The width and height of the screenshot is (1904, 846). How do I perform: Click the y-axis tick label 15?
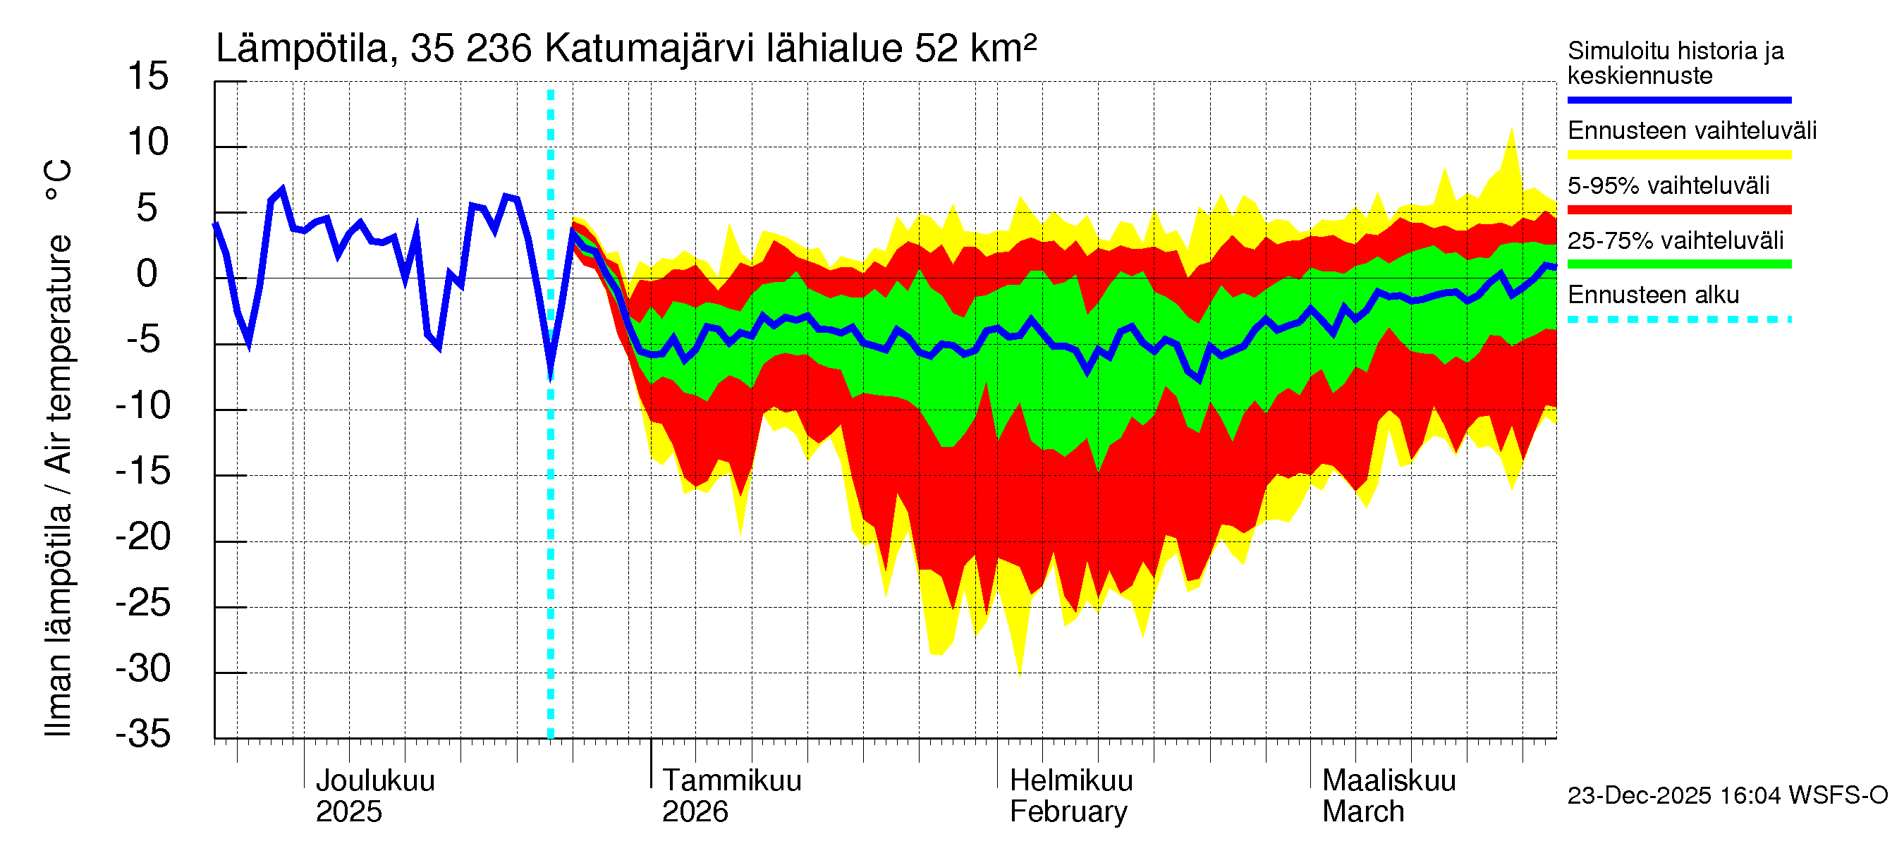pyautogui.click(x=148, y=77)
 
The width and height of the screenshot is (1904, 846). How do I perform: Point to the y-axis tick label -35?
pyautogui.click(x=143, y=735)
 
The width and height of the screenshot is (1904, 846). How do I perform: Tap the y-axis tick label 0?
pyautogui.click(x=147, y=274)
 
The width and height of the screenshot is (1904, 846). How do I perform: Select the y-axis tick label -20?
pyautogui.click(x=143, y=537)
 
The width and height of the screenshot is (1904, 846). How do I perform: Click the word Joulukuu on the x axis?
pyautogui.click(x=374, y=781)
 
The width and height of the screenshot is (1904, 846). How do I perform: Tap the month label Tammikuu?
pyautogui.click(x=731, y=781)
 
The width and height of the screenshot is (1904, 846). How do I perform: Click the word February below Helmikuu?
pyautogui.click(x=1068, y=812)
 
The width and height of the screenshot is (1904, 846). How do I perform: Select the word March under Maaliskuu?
pyautogui.click(x=1363, y=812)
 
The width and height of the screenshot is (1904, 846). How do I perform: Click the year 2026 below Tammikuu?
pyautogui.click(x=695, y=812)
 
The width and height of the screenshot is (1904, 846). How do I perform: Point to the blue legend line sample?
pyautogui.click(x=1678, y=99)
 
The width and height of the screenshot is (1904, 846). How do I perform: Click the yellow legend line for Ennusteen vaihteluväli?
pyautogui.click(x=1678, y=154)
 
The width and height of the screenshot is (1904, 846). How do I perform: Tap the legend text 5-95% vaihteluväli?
pyautogui.click(x=1668, y=185)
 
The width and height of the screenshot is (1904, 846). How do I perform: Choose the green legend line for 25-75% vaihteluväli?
pyautogui.click(x=1678, y=264)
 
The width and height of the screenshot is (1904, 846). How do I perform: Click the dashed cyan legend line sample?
pyautogui.click(x=1678, y=319)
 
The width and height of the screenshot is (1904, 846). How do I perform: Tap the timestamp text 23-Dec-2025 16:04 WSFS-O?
pyautogui.click(x=1727, y=796)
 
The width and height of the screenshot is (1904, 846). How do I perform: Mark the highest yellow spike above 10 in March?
pyautogui.click(x=1511, y=130)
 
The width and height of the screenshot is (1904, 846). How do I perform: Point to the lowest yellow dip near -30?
pyautogui.click(x=1020, y=674)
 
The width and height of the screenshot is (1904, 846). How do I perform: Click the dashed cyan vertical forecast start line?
pyautogui.click(x=551, y=517)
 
